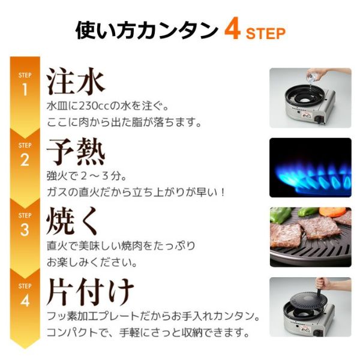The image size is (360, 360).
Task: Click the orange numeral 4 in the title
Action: (232, 31)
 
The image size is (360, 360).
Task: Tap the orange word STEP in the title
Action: (266, 34)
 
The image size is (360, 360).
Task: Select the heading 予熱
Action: (76, 152)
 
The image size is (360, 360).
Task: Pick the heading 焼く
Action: (72, 221)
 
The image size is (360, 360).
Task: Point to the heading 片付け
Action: (90, 292)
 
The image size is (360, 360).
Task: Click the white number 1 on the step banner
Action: (25, 89)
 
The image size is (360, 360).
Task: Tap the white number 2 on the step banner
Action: (25, 160)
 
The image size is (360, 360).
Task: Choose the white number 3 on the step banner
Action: (25, 230)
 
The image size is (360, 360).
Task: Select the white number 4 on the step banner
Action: (25, 301)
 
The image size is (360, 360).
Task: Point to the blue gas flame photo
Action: (310, 167)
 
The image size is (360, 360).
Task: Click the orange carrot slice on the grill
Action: (332, 211)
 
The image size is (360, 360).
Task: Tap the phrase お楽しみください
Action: (92, 262)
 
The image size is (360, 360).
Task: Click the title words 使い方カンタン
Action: (146, 31)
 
